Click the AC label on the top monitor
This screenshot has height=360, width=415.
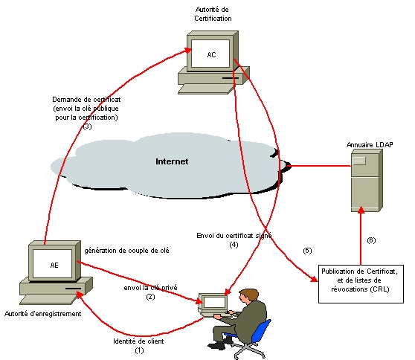coord(212,54)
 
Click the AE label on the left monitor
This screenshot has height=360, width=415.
coord(54,264)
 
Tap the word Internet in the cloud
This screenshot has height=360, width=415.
coord(172,161)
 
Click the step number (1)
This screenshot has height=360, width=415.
coord(138,349)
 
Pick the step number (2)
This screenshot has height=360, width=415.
coord(149,297)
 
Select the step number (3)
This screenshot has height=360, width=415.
coord(87,127)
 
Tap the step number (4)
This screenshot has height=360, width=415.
coord(234,244)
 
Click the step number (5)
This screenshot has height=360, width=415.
coord(307,249)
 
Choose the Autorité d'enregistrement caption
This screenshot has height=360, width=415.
coord(43,314)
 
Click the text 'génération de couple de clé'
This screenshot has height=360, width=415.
coord(127,251)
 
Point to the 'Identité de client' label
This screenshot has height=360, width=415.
coord(137,341)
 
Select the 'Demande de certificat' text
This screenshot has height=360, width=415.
coord(86,99)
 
